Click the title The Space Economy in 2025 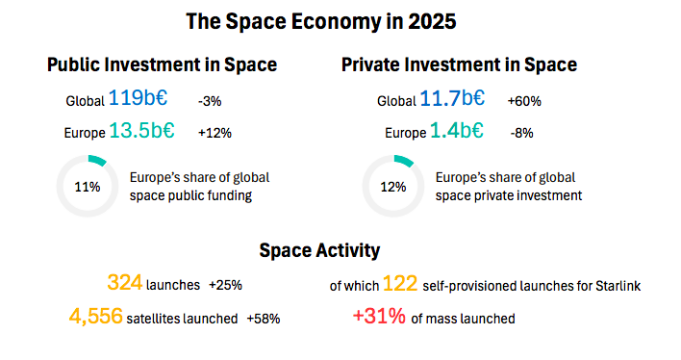point(321,21)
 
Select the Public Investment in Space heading point(162,64)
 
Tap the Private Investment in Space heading point(459,64)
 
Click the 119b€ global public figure point(138,97)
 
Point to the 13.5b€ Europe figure point(141,130)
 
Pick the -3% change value point(210,101)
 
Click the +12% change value point(214,133)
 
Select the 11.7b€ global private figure point(452,98)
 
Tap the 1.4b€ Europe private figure point(457,130)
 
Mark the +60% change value point(524,101)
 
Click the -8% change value point(521,133)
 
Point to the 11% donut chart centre point(88,187)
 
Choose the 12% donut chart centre point(393,187)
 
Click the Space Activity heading point(319,250)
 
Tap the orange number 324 point(125,283)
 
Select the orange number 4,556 point(95,316)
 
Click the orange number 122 point(400,284)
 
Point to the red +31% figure point(379,316)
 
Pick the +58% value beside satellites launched point(264,319)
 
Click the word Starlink point(618,286)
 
